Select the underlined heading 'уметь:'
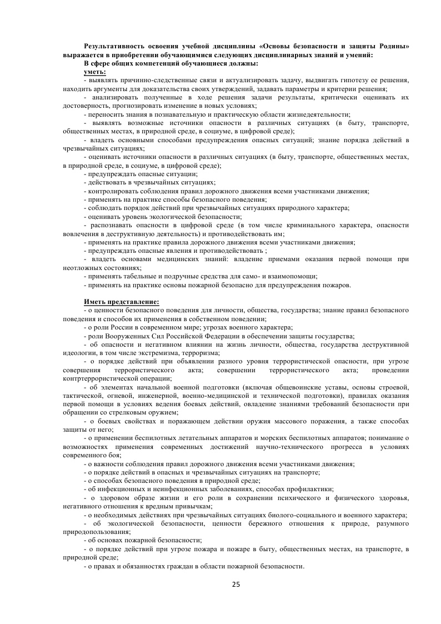coord(95,72)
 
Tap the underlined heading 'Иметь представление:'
coord(121,302)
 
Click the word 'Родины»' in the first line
coord(394,46)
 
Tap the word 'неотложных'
coord(81,267)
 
